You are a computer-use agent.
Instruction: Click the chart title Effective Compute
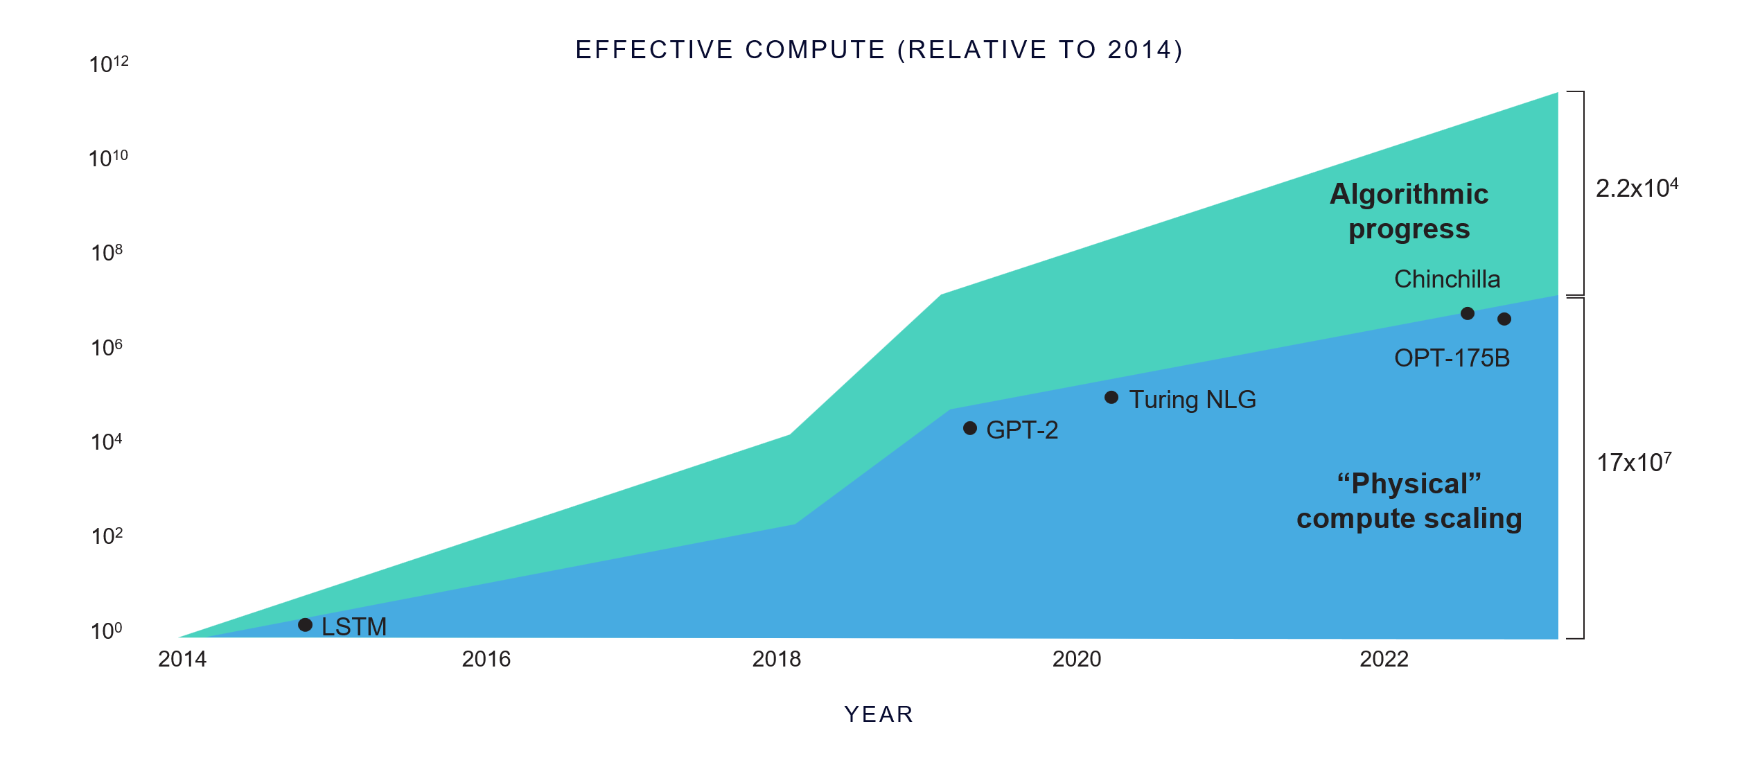(x=879, y=50)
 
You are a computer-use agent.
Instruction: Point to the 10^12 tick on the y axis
(x=109, y=64)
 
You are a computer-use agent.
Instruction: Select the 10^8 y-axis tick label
(x=107, y=253)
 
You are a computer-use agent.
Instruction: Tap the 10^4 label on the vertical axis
(x=107, y=441)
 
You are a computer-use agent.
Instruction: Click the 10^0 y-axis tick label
(x=107, y=631)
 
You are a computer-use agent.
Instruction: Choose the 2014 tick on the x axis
(x=182, y=659)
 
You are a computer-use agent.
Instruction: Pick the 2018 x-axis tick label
(x=776, y=659)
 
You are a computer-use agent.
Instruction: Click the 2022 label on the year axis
(x=1384, y=659)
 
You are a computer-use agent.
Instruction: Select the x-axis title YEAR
(x=879, y=714)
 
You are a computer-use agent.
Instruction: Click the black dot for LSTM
(x=305, y=625)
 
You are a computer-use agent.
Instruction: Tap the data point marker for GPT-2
(x=970, y=428)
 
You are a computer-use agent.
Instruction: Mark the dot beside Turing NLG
(x=1111, y=397)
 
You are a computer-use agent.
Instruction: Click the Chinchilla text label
(x=1447, y=279)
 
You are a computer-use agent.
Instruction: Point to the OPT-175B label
(x=1452, y=358)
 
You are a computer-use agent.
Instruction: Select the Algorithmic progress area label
(x=1409, y=211)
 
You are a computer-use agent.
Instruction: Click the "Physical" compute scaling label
(x=1409, y=501)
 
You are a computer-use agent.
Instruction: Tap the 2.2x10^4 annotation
(x=1637, y=188)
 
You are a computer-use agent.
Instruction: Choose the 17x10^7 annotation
(x=1634, y=462)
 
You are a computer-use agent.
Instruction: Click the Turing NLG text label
(x=1193, y=400)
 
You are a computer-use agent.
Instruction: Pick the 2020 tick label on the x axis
(x=1077, y=659)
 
